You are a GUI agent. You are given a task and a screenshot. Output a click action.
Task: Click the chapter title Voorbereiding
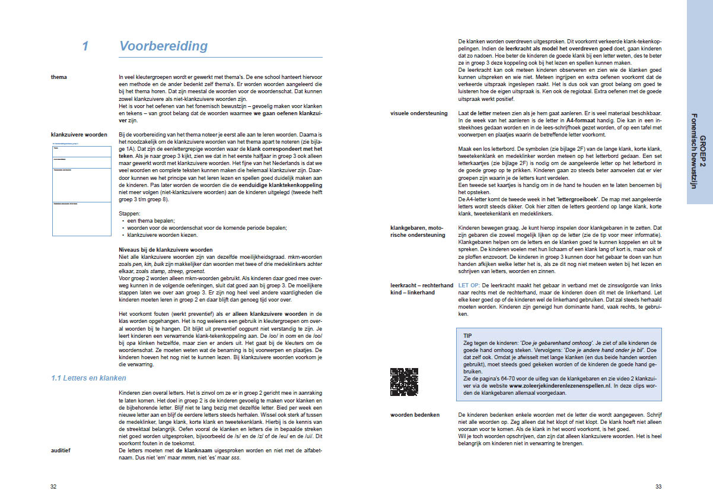click(x=163, y=46)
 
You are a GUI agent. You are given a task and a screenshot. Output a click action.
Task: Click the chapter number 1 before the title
click(x=85, y=46)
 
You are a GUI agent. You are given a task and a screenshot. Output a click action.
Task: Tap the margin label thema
click(x=59, y=77)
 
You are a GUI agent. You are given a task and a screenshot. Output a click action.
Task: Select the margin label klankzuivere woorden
click(x=79, y=135)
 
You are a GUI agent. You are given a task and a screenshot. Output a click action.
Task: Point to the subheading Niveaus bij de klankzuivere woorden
click(x=165, y=249)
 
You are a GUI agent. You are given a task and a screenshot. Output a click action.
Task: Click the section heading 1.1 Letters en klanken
click(x=88, y=378)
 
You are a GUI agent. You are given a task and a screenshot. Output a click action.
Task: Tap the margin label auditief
click(x=62, y=451)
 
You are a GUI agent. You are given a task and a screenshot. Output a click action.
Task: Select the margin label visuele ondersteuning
click(x=419, y=113)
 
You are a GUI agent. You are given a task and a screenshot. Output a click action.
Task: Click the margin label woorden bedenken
click(x=415, y=414)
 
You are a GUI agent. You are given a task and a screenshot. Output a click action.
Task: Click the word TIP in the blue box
click(x=467, y=335)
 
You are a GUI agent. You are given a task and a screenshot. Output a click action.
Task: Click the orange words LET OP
click(x=469, y=286)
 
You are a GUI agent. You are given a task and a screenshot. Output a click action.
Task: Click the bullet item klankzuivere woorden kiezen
click(x=158, y=234)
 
